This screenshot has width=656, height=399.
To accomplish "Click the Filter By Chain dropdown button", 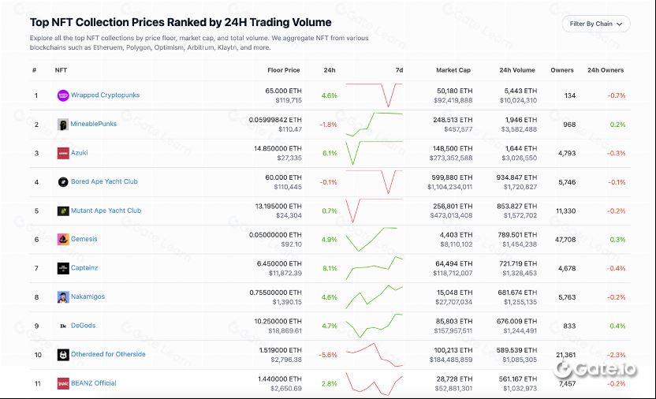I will tap(596, 24).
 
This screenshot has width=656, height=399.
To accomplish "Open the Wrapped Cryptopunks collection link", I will tap(105, 95).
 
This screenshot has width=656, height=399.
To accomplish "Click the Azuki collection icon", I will tap(63, 153).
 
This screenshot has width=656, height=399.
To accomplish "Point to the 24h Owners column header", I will tap(606, 70).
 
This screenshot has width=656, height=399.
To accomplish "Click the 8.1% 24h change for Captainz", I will tap(330, 268).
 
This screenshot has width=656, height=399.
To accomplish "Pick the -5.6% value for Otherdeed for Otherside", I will tap(328, 355).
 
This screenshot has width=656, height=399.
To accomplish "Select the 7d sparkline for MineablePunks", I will tap(374, 124).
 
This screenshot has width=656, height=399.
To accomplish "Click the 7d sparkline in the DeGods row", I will tap(374, 326).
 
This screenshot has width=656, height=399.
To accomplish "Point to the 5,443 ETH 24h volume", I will tap(520, 91).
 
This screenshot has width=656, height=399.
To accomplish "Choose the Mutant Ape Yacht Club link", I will tap(106, 211).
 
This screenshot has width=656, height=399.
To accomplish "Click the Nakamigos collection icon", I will tap(63, 297).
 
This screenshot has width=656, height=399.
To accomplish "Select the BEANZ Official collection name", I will tap(93, 383).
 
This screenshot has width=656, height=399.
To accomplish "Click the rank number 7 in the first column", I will tap(36, 268).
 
